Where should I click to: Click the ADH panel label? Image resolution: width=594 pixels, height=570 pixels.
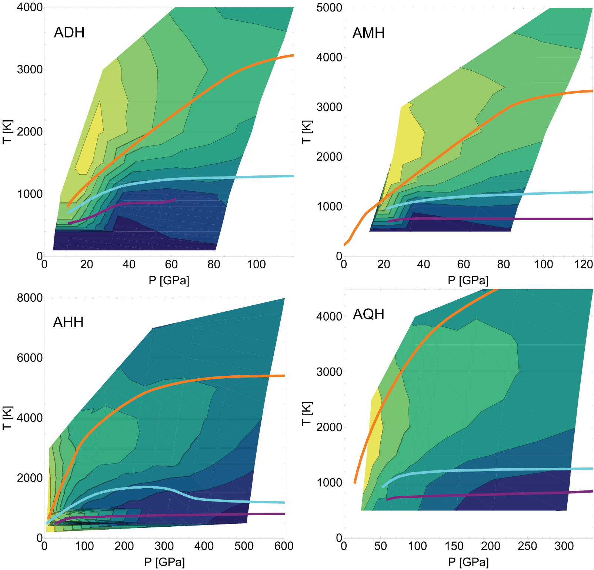click(69, 33)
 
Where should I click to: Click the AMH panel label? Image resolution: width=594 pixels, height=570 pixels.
click(368, 33)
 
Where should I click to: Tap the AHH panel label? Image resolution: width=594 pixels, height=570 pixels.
click(68, 322)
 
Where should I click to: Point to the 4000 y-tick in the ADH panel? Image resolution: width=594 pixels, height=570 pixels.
click(30, 7)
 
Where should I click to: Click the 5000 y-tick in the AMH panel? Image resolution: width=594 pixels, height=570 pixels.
click(329, 8)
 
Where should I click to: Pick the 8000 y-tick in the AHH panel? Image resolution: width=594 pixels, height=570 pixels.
click(30, 298)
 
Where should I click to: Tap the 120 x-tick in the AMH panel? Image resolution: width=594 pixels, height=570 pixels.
click(583, 264)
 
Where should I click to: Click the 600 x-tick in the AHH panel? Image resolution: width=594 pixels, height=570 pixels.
click(284, 546)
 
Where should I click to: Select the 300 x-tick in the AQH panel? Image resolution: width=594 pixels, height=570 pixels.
click(564, 546)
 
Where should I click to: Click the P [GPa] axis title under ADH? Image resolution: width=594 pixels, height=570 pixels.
click(169, 280)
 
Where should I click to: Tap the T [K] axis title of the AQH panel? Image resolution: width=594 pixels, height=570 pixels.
click(307, 413)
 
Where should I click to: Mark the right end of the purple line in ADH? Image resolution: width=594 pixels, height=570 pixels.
click(175, 199)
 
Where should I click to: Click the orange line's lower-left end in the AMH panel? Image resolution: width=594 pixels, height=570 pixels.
click(344, 245)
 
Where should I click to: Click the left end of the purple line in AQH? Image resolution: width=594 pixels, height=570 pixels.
click(387, 499)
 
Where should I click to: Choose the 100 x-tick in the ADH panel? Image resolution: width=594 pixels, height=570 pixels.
click(256, 264)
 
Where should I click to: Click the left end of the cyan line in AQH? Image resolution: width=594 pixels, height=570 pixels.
click(383, 487)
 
